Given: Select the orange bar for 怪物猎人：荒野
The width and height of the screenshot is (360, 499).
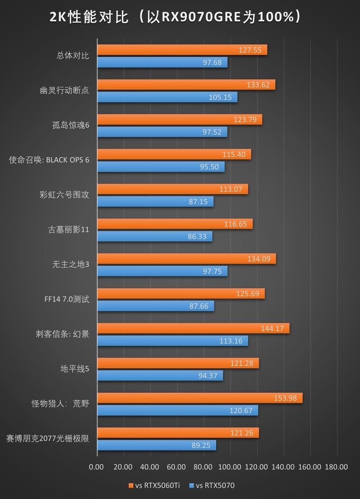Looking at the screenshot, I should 199,398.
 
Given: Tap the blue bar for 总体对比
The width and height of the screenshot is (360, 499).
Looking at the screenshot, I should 162,62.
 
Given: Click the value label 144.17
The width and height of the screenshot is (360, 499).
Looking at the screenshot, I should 272,328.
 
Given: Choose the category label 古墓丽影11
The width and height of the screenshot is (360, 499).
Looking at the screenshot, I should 68,229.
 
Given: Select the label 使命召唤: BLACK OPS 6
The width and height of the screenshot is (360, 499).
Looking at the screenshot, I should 49,160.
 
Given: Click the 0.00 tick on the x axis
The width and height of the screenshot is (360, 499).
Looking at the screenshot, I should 97,467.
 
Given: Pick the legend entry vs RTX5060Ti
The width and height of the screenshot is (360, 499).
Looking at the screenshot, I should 153,485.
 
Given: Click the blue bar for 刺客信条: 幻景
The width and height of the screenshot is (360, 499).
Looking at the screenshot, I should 172,341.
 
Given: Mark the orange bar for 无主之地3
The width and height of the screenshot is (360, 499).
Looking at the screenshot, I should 186,259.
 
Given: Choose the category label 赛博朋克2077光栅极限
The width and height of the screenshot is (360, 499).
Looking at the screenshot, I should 47,439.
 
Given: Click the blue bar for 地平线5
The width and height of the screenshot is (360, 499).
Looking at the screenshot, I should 160,375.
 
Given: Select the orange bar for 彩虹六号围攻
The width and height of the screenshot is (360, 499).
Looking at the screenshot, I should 172,189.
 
